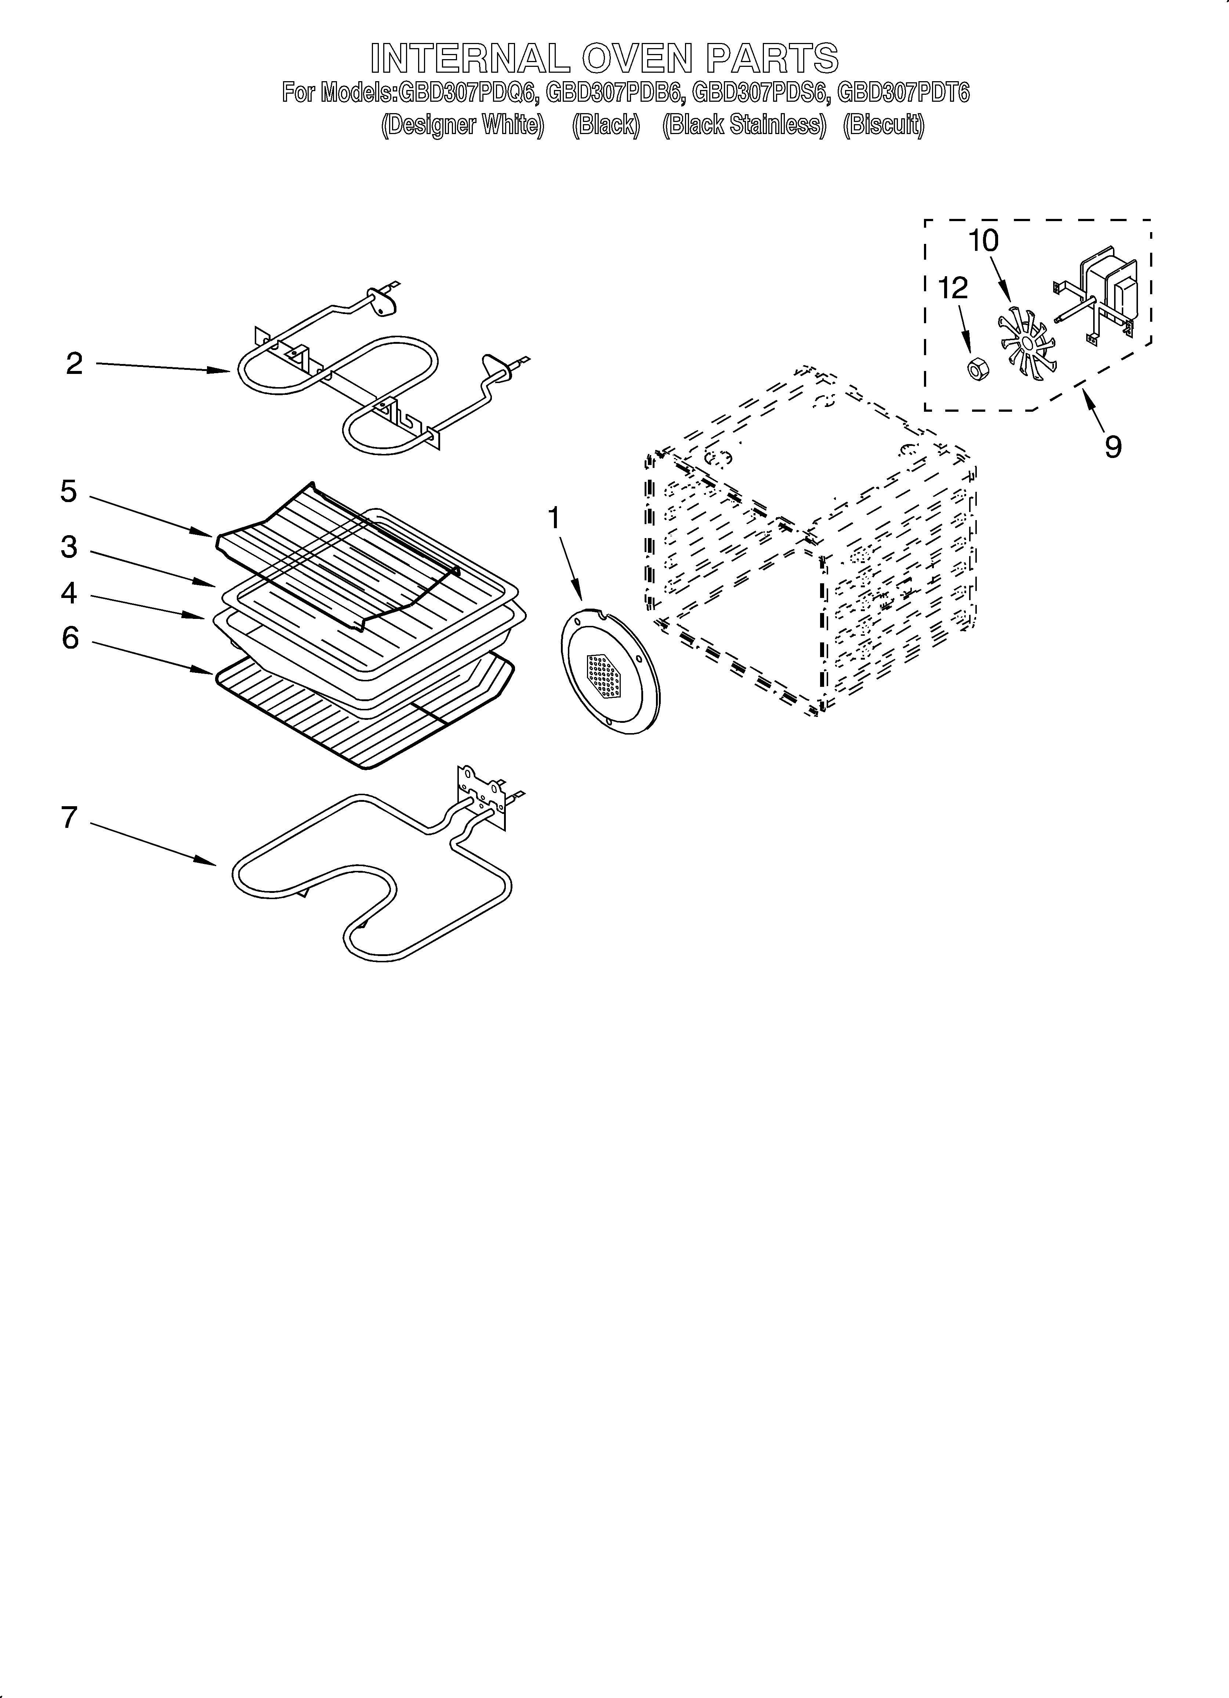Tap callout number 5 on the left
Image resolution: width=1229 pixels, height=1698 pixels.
point(69,492)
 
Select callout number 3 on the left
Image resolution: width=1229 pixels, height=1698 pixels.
point(69,547)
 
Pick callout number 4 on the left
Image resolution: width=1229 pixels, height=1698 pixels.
point(69,594)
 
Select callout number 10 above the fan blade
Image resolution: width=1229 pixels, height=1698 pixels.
point(983,241)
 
